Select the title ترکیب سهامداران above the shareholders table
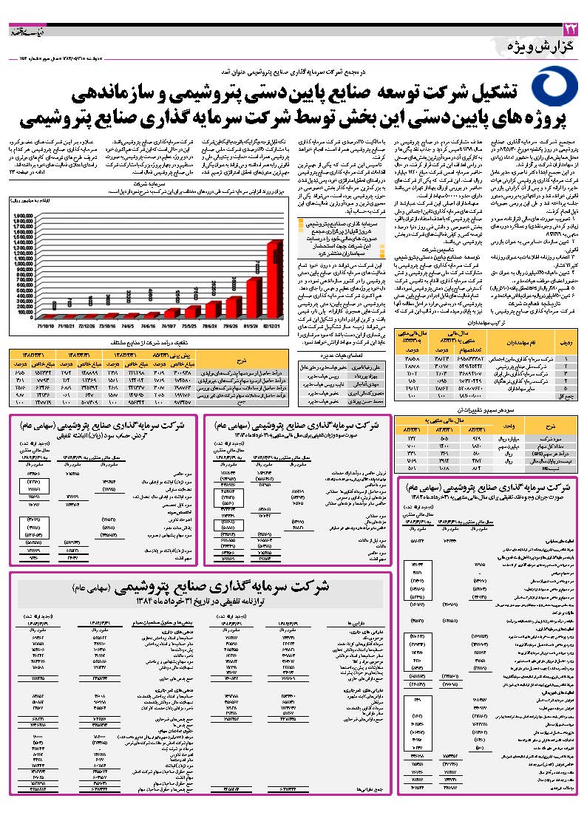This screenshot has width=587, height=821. (489, 323)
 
